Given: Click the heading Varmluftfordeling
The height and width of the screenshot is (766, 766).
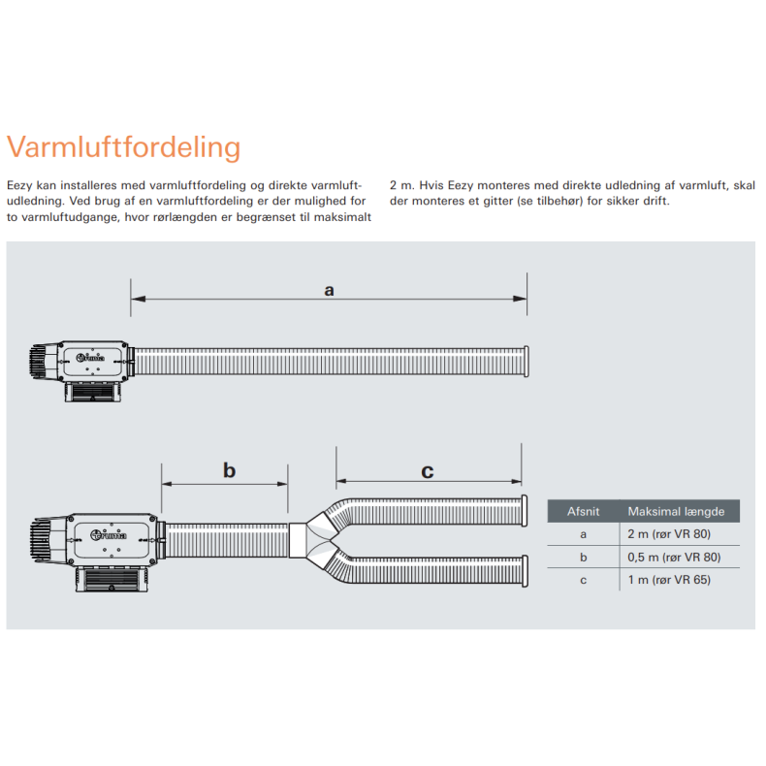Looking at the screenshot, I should tap(123, 147).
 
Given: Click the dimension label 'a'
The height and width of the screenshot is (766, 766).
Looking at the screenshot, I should tap(329, 289).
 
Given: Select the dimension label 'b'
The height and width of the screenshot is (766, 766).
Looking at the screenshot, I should tap(229, 471).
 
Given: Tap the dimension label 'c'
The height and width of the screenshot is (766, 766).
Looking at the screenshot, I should tap(428, 472).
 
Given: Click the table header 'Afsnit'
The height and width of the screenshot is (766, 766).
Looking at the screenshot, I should tap(583, 511).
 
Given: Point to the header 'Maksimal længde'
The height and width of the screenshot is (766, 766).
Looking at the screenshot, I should tap(676, 511).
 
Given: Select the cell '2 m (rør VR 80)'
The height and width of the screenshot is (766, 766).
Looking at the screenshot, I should tap(674, 534).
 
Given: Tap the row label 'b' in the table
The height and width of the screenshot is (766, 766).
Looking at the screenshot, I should tap(583, 557).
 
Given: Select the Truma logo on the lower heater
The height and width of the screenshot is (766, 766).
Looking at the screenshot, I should tap(109, 534).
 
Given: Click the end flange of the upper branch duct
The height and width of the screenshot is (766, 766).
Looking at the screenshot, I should tap(525, 510).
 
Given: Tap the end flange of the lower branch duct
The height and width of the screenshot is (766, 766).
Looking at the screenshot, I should tap(525, 570).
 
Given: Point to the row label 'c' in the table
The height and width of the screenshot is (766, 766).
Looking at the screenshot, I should tap(583, 580).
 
